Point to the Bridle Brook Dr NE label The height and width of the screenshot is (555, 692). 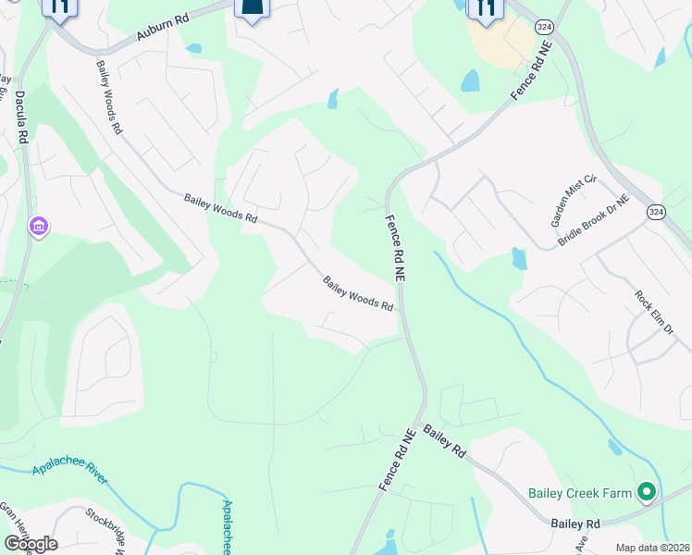[x=593, y=220]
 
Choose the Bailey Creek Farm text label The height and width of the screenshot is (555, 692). [x=579, y=493]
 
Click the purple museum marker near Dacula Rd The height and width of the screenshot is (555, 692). [x=39, y=227]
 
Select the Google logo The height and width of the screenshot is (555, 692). [x=31, y=543]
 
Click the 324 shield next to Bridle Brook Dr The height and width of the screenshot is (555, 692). [x=655, y=212]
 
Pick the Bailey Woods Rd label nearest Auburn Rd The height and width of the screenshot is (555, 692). [x=108, y=97]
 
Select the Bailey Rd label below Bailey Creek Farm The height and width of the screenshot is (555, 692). [x=575, y=524]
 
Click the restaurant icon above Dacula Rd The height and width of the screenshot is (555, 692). [x=61, y=7]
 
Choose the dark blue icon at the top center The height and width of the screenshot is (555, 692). [x=253, y=7]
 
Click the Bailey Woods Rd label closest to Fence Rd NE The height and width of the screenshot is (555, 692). [x=359, y=293]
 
